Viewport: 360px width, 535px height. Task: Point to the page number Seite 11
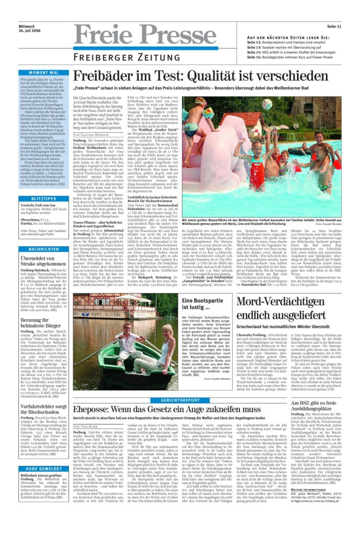tap(334, 26)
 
